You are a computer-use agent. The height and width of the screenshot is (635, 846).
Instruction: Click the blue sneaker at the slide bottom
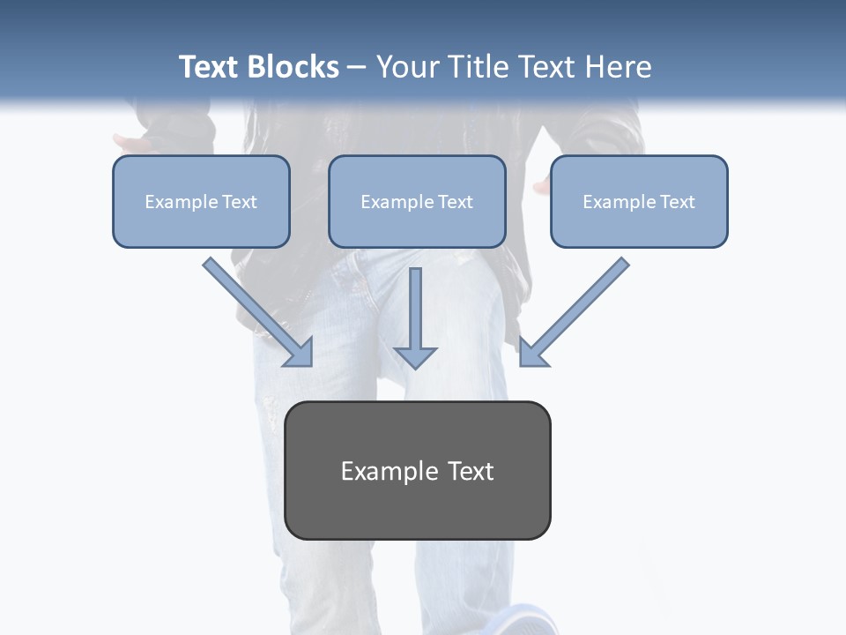coord(529,621)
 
